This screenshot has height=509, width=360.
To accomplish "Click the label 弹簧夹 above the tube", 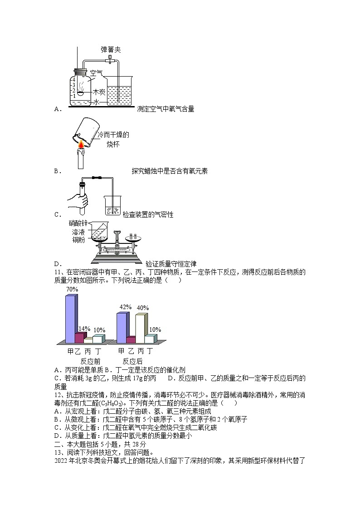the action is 111,49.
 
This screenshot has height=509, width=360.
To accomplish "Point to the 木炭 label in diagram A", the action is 99,92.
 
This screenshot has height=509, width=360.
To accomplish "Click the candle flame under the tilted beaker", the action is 82,144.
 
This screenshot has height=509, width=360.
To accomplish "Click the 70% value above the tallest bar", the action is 72,289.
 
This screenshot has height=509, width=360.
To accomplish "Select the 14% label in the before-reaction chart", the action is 84,329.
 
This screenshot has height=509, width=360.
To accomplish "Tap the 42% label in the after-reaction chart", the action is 125,307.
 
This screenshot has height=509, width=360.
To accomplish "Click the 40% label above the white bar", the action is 142,308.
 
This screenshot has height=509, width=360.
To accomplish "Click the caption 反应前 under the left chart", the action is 90,361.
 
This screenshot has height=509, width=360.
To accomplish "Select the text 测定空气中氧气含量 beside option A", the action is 165,109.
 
